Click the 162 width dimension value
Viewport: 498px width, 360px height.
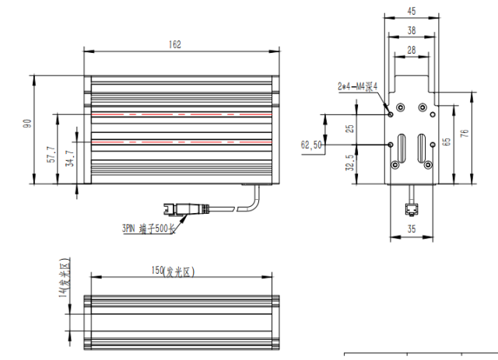[174, 44]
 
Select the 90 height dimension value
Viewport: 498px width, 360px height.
[27, 123]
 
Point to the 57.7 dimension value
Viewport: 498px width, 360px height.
[51, 155]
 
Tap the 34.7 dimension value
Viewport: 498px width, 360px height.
[69, 159]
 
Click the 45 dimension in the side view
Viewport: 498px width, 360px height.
[412, 11]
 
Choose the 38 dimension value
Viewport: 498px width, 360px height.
[412, 30]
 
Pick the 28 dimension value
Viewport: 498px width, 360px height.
[412, 50]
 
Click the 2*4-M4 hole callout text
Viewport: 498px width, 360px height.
[358, 86]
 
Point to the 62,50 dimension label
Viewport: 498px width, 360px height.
[311, 145]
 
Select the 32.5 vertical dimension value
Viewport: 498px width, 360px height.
[349, 163]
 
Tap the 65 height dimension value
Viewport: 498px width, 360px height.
[446, 142]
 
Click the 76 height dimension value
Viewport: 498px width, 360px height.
[465, 133]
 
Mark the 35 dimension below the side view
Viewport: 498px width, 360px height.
[412, 229]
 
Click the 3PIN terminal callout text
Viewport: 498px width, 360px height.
[149, 229]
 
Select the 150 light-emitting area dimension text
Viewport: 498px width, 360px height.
[173, 271]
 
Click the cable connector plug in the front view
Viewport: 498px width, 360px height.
[187, 208]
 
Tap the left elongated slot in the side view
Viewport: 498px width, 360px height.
[402, 148]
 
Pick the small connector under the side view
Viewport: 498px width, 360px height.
[412, 210]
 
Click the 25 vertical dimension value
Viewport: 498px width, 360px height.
[349, 128]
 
